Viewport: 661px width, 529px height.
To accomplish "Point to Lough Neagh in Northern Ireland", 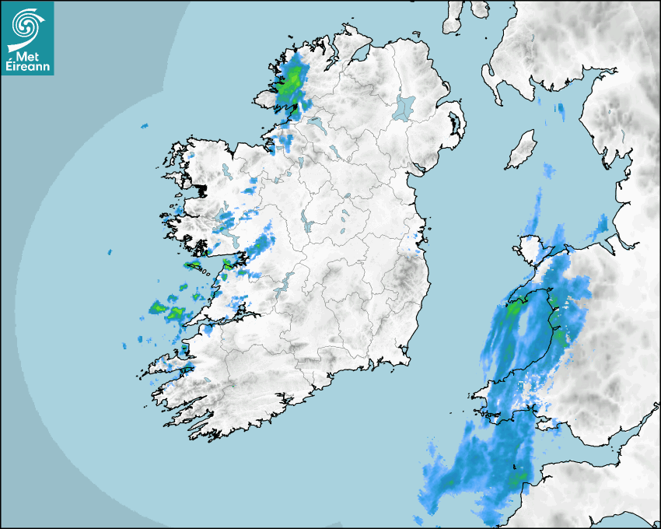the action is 405,107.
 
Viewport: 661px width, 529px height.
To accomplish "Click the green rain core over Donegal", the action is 293,79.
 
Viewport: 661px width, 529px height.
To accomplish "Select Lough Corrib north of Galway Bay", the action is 226,226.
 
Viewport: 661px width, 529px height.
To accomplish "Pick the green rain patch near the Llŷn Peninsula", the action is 515,308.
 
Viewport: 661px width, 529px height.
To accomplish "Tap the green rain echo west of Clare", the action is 173,311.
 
